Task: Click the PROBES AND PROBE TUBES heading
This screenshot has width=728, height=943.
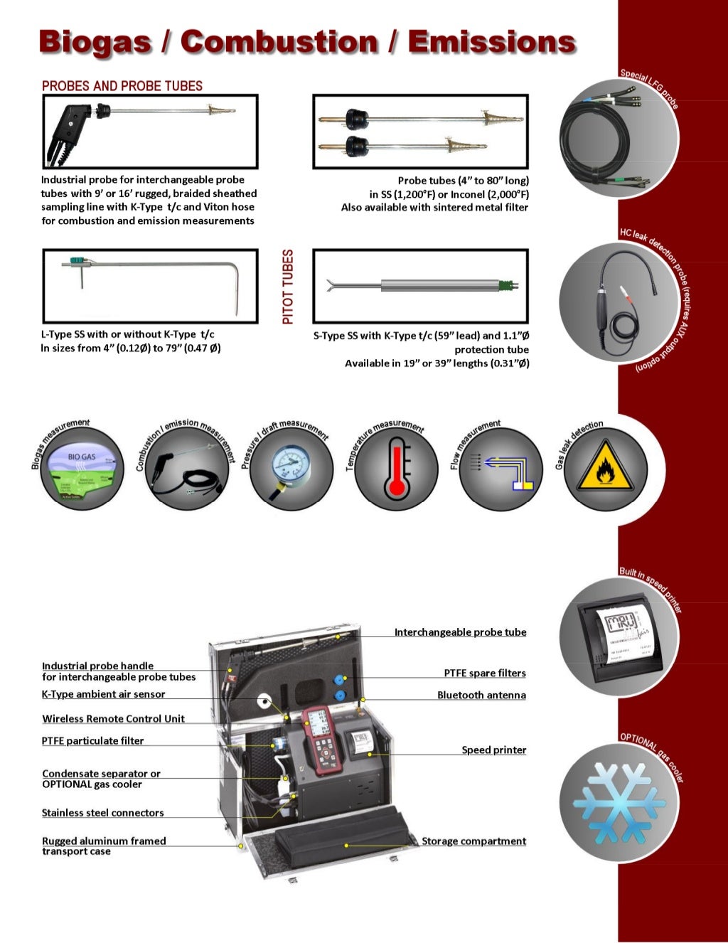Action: coord(122,86)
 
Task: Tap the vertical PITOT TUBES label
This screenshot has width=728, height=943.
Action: coord(288,287)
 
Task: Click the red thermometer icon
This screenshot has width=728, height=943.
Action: coord(397,469)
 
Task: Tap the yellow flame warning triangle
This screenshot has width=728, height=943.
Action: coord(605,469)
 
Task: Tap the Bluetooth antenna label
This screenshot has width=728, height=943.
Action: coord(481,695)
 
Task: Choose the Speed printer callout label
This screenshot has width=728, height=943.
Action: coord(493,750)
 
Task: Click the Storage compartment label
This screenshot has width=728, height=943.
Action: coord(473,841)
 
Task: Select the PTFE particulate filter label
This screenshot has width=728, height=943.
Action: coord(92,740)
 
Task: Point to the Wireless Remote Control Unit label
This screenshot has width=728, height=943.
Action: coord(113,718)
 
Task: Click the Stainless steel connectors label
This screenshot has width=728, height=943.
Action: coord(102,812)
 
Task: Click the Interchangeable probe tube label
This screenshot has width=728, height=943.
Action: coord(460,632)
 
